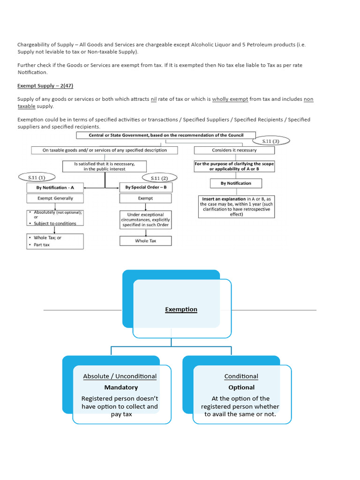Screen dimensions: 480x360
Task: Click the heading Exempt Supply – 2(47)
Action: point(45,86)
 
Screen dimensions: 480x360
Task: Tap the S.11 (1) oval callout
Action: point(36,177)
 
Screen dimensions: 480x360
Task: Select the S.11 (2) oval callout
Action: point(159,178)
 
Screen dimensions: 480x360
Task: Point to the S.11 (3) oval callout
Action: point(271,141)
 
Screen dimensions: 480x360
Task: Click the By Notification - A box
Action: point(55,187)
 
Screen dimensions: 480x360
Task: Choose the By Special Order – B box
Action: point(146,187)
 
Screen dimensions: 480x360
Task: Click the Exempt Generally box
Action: point(55,199)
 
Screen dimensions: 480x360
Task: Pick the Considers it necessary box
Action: point(234,150)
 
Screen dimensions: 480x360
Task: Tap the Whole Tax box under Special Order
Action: point(146,241)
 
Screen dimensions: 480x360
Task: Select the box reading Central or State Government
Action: point(166,135)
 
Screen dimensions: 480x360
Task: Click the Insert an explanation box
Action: point(236,206)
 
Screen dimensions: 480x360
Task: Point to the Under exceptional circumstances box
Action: point(146,219)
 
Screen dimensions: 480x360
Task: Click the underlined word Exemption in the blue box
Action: point(181,309)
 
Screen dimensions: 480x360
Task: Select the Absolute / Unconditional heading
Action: point(120,376)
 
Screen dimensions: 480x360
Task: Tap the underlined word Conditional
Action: point(241,376)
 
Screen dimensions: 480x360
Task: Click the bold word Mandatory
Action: point(121,388)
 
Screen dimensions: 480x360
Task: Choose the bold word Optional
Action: point(241,388)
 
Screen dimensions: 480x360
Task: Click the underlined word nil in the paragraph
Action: point(153,99)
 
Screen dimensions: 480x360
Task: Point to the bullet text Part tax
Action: point(42,245)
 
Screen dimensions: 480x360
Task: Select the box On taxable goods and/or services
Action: point(105,150)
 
